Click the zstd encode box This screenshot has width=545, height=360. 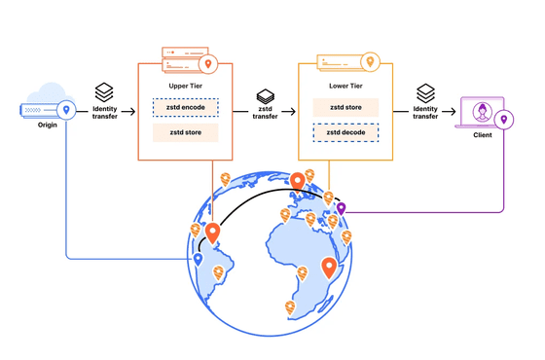[186, 107]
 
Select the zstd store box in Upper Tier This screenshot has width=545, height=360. [186, 132]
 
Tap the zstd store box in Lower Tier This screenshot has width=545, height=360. [345, 107]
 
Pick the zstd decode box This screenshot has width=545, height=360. [345, 132]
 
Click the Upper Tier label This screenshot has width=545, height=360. [186, 86]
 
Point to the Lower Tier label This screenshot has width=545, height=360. [345, 86]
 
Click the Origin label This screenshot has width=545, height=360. [48, 125]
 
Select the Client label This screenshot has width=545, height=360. [483, 135]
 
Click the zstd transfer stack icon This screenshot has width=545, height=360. [265, 96]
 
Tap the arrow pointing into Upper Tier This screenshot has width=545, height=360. [128, 112]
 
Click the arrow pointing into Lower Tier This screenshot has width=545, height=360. [288, 112]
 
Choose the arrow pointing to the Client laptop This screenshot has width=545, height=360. [449, 112]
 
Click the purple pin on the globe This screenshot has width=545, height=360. [341, 208]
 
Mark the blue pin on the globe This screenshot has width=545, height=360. [198, 260]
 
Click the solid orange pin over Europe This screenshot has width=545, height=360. [298, 182]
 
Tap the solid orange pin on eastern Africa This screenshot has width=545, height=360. [329, 268]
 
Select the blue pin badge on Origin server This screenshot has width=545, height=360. [66, 110]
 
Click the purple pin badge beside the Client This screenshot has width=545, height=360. [504, 120]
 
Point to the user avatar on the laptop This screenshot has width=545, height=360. [483, 112]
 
